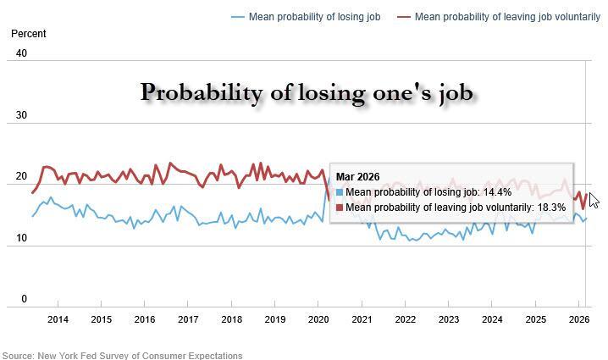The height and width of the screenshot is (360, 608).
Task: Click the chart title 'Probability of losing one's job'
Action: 307,92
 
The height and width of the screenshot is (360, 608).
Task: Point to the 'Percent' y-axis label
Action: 28,34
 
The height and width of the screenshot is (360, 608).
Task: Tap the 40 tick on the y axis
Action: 22,53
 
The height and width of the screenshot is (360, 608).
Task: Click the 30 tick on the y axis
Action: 22,116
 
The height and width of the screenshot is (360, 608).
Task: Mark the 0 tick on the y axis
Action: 25,299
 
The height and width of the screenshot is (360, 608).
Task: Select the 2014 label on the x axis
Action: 58,319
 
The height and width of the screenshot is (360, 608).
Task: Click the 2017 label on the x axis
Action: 188,319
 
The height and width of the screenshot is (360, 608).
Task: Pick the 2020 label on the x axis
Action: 318,319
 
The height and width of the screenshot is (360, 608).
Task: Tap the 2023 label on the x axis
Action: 448,319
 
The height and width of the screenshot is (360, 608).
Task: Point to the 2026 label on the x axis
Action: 578,319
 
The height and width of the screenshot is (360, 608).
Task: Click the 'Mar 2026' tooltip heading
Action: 358,177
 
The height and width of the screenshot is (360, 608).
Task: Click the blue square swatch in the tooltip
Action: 340,192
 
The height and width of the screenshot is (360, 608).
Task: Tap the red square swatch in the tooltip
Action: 340,208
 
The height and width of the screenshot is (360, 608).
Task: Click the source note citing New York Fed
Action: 122,355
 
